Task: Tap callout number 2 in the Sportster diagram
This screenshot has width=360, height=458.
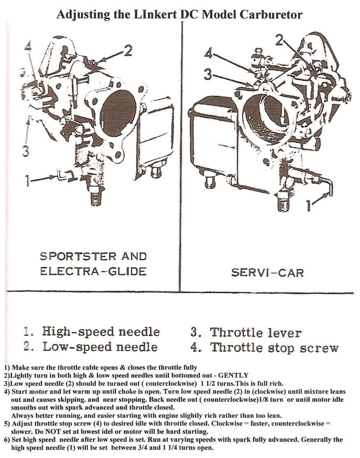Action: point(128,51)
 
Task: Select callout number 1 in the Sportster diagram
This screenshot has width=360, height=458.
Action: point(27,181)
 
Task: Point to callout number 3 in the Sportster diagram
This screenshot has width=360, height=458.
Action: point(26,151)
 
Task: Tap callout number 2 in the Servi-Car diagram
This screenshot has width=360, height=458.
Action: point(279,40)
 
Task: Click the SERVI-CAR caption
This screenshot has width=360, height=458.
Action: point(267,272)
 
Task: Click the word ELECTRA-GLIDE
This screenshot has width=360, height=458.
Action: point(93,272)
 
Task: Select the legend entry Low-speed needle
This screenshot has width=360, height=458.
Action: point(91,347)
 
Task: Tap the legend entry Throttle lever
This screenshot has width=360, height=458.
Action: point(246,332)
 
